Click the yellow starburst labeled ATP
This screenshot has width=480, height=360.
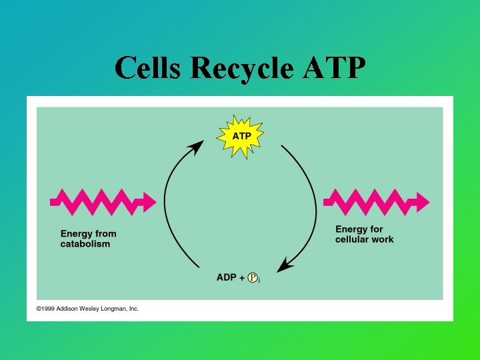pos(241,136)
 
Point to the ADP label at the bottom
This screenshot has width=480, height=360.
pos(226,277)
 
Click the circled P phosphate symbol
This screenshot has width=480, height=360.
pos(253,277)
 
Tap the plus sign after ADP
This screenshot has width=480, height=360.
pos(241,277)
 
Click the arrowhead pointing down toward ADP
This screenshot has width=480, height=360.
pos(285,265)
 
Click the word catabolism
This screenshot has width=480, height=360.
pos(85,244)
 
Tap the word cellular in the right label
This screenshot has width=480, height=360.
pos(351,239)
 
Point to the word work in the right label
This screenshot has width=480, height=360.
pos(382,239)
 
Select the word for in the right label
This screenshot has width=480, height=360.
pos(377,229)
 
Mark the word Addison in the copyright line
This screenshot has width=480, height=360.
pos(69,309)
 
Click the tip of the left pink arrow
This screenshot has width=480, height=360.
pos(155,200)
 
